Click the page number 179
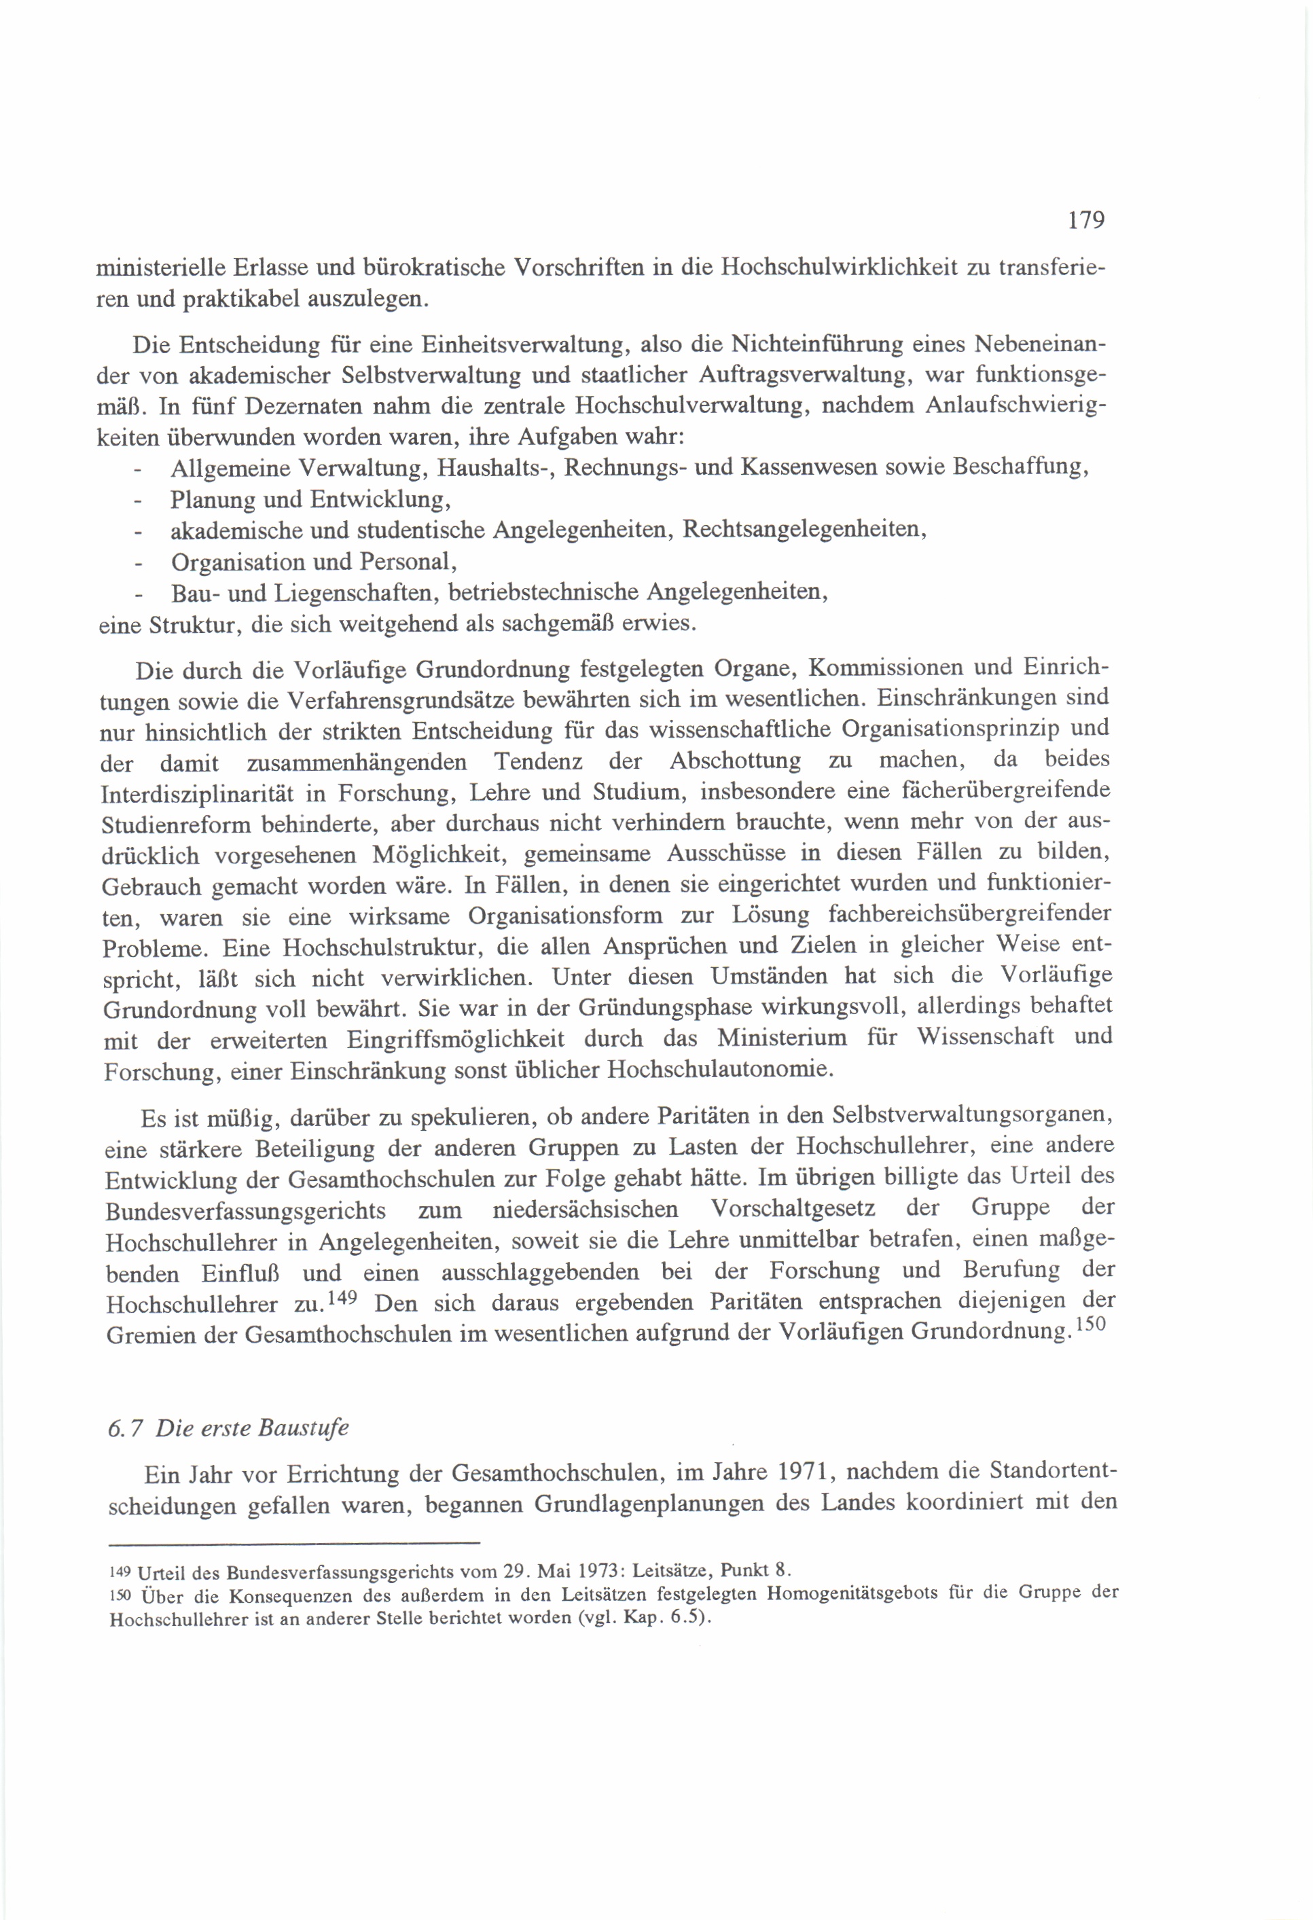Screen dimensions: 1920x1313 point(1085,220)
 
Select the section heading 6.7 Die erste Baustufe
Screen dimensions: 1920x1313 point(228,1428)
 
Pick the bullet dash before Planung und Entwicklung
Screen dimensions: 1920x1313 point(138,501)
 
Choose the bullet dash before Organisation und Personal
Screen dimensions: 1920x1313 point(138,564)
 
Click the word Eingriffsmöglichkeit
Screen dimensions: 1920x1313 point(455,1039)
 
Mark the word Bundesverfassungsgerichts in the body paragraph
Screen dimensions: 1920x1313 point(245,1211)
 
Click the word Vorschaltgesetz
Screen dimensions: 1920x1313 point(793,1209)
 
